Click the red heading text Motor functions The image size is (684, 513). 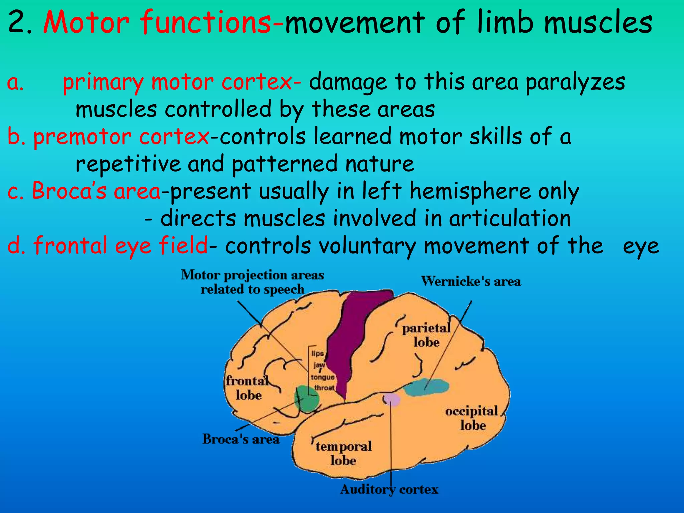tap(157, 23)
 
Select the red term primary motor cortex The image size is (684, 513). tap(177, 82)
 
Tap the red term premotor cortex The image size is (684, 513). tap(121, 137)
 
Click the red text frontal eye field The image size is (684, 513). tap(120, 246)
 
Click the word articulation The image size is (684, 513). tap(509, 218)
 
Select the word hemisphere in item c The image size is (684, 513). tap(470, 191)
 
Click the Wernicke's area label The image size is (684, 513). tap(471, 281)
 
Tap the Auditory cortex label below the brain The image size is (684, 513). tap(389, 490)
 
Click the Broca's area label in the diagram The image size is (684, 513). tap(240, 439)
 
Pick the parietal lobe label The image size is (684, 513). tap(426, 335)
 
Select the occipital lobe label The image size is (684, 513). tap(472, 418)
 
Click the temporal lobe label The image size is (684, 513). tap(343, 453)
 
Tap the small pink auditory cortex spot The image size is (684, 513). tap(391, 400)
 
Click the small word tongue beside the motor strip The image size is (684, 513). tap(322, 377)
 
